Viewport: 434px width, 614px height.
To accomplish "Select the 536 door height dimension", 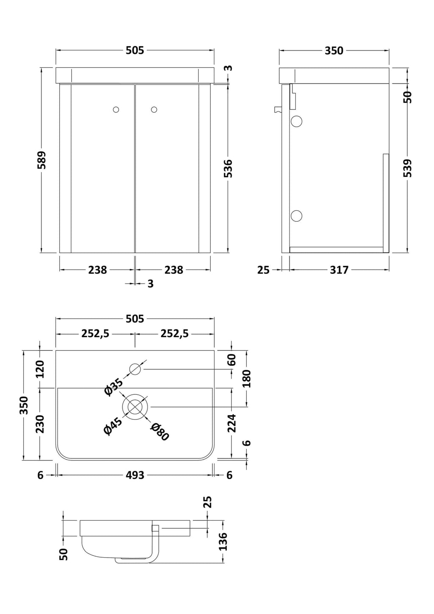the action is tap(228, 168).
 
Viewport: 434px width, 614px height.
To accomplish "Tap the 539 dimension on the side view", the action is tap(408, 168).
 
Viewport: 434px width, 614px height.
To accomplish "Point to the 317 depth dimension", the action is tap(339, 270).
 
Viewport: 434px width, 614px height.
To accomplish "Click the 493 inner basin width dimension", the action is tap(135, 475).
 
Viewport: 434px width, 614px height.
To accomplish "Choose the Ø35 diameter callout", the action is tap(114, 387).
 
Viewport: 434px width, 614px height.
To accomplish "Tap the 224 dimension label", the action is tap(232, 423).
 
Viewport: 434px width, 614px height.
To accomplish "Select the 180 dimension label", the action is tap(247, 379).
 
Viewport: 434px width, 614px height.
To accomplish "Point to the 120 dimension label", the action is tap(40, 369).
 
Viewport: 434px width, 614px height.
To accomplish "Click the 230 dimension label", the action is tap(40, 424).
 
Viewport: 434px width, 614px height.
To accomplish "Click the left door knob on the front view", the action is tap(116, 110).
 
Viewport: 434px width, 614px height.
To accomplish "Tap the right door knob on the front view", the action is tap(154, 110).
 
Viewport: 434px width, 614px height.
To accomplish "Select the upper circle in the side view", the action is tap(296, 121).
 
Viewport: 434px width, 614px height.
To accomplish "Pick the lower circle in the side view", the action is tap(296, 216).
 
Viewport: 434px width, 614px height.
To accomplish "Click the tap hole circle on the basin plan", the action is tap(135, 369).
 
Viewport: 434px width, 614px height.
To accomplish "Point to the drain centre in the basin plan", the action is tap(135, 407).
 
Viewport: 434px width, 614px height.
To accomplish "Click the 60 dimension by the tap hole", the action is tap(232, 360).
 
